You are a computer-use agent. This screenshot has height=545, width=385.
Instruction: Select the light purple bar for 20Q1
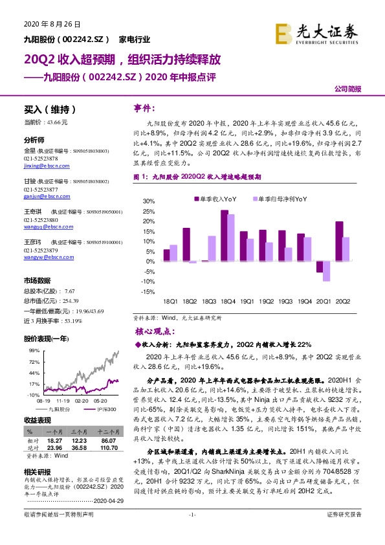[x=327, y=271]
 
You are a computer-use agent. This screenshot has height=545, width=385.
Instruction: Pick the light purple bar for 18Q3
[x=212, y=249]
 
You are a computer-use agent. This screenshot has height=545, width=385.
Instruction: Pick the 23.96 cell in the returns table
[x=53, y=447]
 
